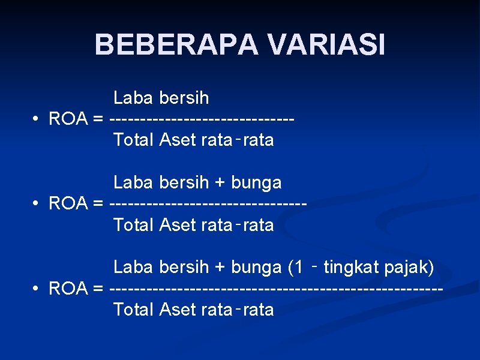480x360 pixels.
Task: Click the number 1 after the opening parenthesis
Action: [x=296, y=267]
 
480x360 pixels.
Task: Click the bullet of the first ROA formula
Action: [x=37, y=119]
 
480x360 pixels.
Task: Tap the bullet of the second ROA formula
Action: [x=37, y=203]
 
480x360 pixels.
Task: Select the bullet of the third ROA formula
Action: [x=37, y=289]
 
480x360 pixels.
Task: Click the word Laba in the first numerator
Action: [x=134, y=97]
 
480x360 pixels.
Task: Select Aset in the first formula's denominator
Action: [x=178, y=140]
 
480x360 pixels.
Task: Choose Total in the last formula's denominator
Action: [x=134, y=310]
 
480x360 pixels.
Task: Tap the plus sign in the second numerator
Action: [x=220, y=182]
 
